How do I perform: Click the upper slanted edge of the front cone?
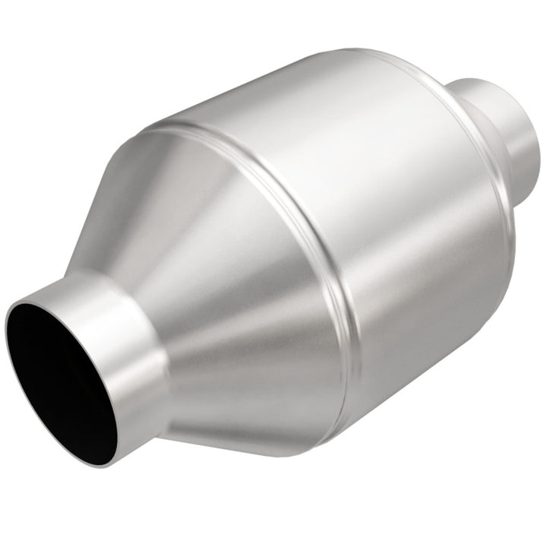click(x=114, y=198)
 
